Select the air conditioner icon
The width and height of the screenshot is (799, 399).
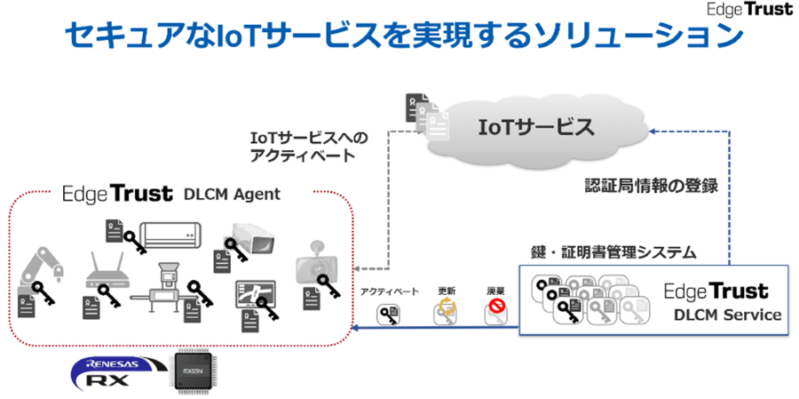pyautogui.click(x=170, y=231)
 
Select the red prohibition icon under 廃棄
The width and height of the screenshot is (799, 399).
pyautogui.click(x=496, y=312)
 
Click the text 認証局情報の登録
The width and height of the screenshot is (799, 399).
pyautogui.click(x=651, y=188)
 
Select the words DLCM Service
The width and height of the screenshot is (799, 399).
pyautogui.click(x=727, y=315)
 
